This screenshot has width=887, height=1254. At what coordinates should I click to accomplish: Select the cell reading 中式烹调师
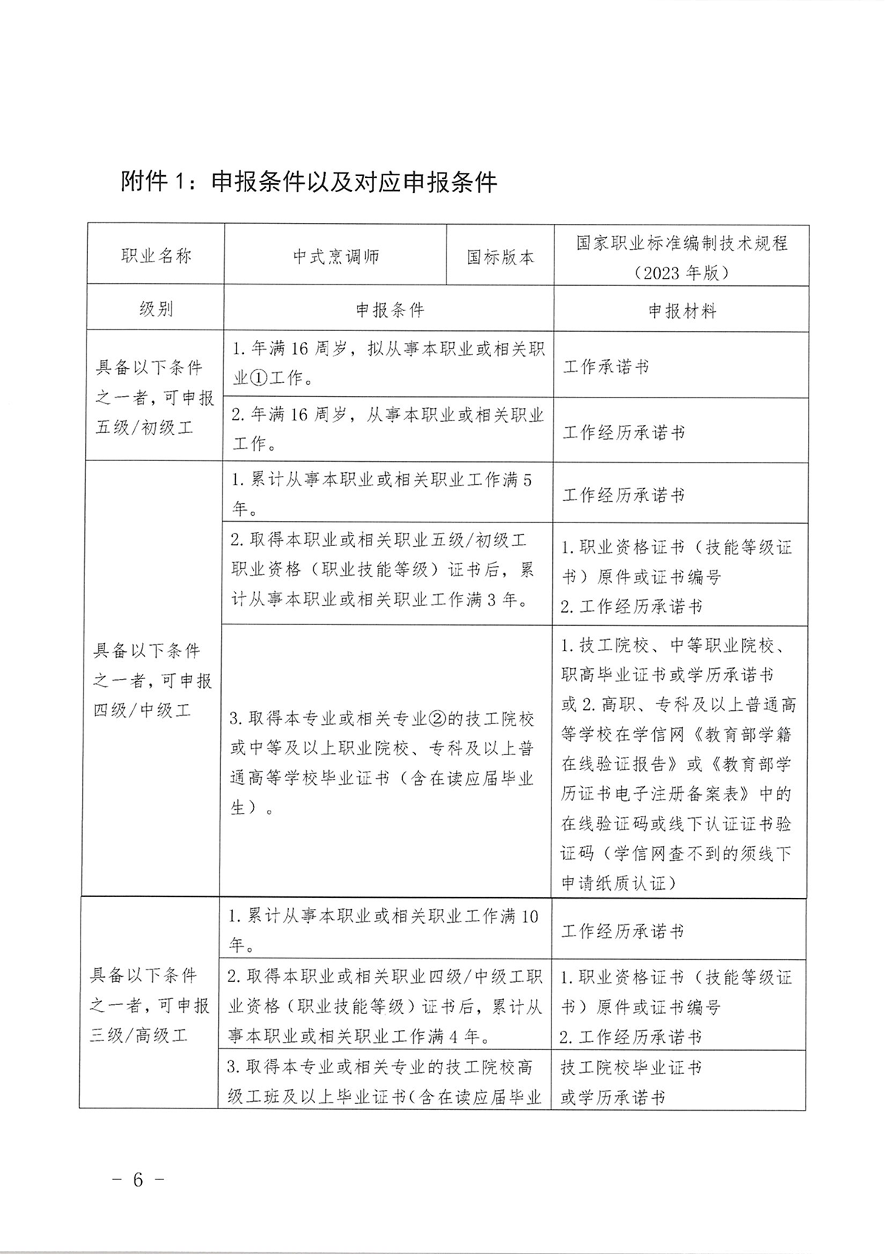coord(336,256)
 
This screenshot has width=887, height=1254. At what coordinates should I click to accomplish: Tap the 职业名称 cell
coord(156,256)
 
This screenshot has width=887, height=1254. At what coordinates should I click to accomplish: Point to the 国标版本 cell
coord(500,257)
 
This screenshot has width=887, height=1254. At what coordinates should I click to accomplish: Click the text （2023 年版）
coord(682,273)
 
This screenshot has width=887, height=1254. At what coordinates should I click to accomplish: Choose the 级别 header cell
coord(156,309)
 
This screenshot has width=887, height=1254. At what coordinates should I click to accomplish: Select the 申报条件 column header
coord(390,310)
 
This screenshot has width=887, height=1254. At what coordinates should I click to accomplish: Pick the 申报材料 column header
coord(682,311)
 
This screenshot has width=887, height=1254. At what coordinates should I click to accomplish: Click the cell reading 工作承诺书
coord(606,367)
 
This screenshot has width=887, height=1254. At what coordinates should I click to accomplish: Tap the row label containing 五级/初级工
coord(145,427)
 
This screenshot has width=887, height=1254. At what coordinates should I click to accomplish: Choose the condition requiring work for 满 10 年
coord(383,930)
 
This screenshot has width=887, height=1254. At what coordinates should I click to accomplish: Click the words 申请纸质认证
coord(614,883)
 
